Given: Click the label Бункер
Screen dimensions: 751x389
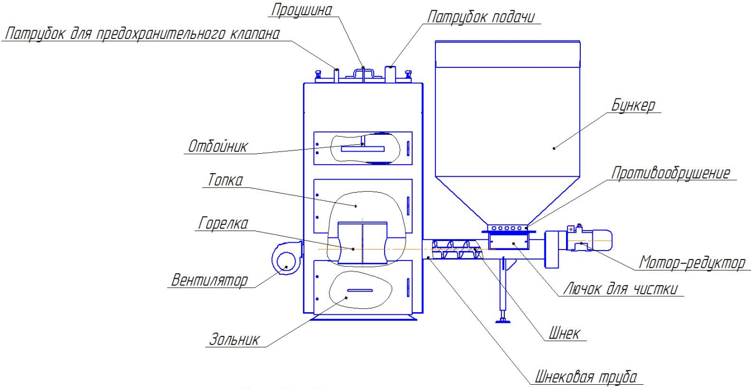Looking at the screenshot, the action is tap(633, 105).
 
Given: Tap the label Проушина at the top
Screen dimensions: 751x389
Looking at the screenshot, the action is tap(301, 9).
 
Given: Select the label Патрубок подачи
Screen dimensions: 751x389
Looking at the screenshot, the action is tap(481, 17).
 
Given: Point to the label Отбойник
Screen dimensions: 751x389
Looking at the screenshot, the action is tap(218, 146).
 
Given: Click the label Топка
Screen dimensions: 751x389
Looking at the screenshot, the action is tap(225, 180).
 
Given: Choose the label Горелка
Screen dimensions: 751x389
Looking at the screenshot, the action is tap(223, 223).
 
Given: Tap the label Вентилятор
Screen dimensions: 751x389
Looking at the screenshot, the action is tap(210, 280).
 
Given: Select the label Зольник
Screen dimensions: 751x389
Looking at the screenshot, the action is tap(234, 340).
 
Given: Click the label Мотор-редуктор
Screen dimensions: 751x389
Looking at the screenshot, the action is tap(692, 263).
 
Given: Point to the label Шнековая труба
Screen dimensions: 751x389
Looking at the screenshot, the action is tap(586, 377).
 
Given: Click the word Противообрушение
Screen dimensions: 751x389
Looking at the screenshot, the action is tap(670, 173).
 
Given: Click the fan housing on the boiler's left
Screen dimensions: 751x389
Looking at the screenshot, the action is tap(287, 258).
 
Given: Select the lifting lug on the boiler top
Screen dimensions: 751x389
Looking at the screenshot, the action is tap(364, 74).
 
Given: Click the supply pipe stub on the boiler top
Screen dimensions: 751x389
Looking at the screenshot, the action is tap(390, 74).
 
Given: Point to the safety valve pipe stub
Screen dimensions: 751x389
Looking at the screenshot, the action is tap(336, 75).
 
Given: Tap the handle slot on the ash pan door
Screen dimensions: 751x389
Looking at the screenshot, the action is tap(360, 290).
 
